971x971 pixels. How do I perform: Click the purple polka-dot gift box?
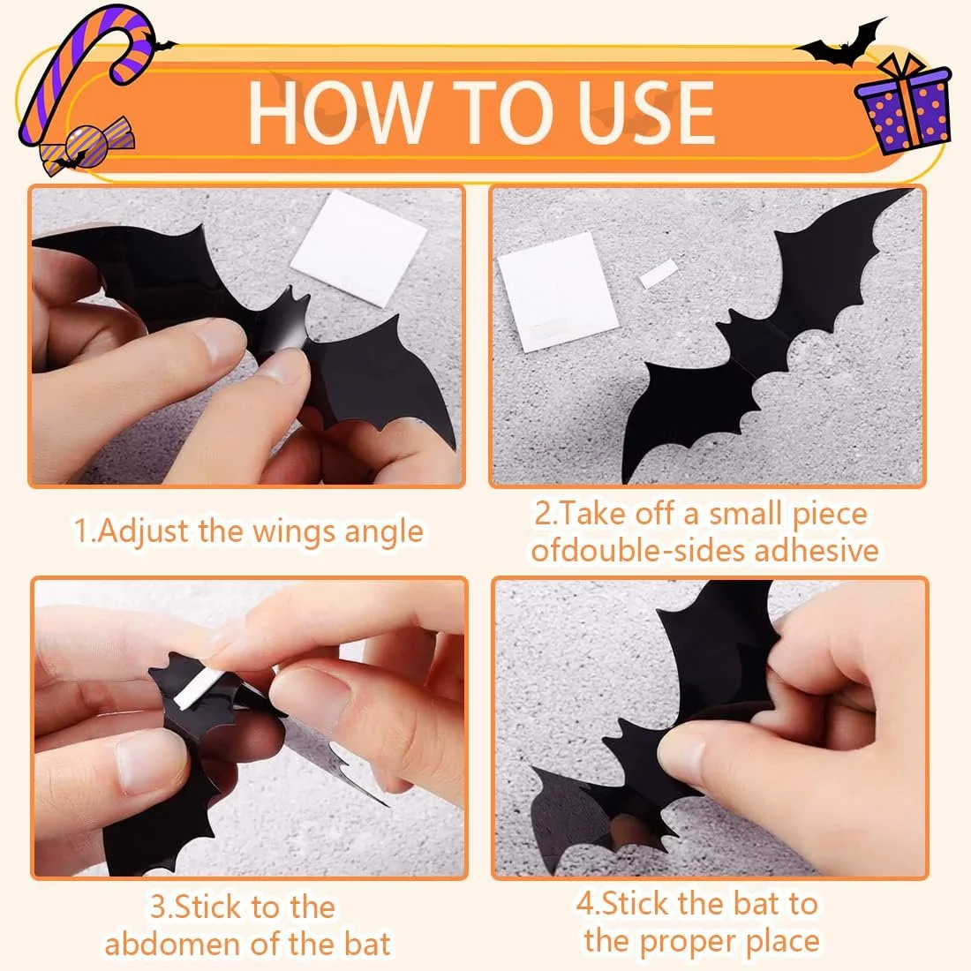pyautogui.click(x=902, y=103)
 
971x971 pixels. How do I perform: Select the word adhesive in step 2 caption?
pyautogui.click(x=817, y=551)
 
